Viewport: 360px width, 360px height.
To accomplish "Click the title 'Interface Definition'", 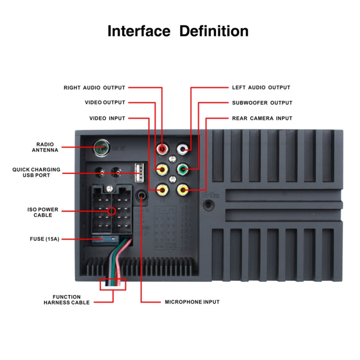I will [178, 32].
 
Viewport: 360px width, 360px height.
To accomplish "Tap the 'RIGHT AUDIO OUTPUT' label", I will [95, 88].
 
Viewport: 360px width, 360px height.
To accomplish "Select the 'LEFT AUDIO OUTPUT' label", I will [261, 88].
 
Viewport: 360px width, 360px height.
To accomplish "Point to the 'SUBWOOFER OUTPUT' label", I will [262, 103].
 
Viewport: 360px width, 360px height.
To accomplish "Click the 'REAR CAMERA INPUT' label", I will [262, 118].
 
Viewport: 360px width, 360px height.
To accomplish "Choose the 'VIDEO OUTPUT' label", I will [105, 103].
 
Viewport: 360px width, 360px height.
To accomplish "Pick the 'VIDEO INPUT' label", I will [107, 118].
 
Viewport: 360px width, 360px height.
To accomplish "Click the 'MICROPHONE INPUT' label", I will [192, 302].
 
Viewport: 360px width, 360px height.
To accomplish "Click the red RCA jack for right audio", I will [163, 150].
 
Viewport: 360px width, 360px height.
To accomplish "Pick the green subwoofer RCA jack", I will [182, 169].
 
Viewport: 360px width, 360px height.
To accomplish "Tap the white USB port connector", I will [139, 171].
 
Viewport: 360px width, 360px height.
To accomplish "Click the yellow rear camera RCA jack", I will [182, 190].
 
